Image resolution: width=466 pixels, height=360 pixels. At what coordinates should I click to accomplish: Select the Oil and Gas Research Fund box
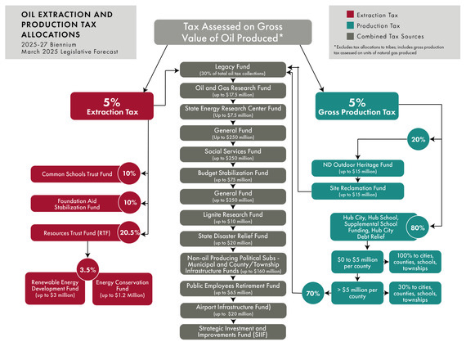(232, 91)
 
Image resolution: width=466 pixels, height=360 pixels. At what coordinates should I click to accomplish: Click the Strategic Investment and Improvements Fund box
(232, 331)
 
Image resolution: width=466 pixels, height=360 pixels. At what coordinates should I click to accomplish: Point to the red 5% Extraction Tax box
(111, 107)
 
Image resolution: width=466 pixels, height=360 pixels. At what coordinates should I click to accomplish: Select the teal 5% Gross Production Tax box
(357, 107)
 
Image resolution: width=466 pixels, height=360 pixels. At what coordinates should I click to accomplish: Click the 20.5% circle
(128, 232)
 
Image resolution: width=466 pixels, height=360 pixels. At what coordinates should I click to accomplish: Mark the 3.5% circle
(87, 268)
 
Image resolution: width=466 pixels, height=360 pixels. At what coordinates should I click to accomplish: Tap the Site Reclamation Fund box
(356, 191)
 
